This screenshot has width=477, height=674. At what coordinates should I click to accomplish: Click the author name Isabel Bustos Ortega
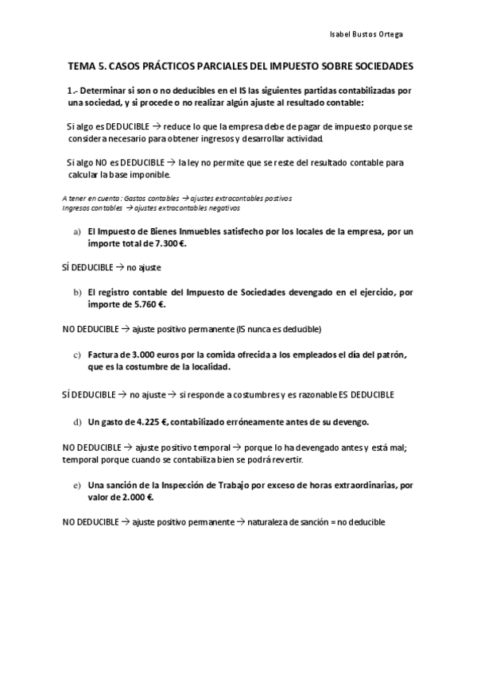(371, 34)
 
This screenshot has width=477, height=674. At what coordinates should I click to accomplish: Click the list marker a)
(77, 232)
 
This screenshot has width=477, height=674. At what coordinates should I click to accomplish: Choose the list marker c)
(77, 354)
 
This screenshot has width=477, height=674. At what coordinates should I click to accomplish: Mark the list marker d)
(77, 421)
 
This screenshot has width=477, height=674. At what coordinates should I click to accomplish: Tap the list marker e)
(77, 485)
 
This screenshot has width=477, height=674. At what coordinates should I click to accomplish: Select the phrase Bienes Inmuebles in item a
(182, 232)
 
